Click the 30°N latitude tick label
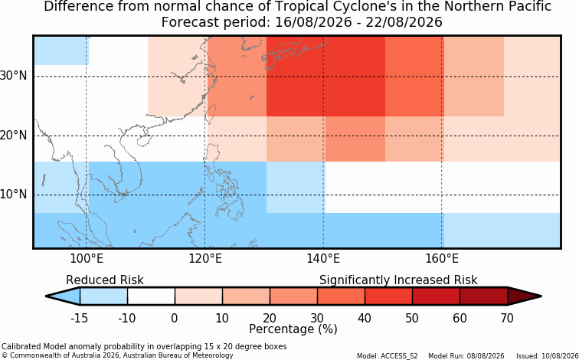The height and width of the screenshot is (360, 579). click(14, 76)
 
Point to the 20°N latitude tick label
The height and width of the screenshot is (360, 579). click(14, 136)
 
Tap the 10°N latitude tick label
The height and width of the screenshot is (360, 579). click(14, 195)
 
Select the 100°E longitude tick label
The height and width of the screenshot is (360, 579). click(87, 259)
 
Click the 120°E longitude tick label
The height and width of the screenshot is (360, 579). click(205, 259)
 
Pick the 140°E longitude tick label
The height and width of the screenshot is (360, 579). click(323, 259)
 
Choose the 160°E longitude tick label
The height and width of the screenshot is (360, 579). click(442, 259)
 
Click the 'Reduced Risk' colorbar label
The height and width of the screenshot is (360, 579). click(105, 280)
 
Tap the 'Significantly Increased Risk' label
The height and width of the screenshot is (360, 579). click(398, 280)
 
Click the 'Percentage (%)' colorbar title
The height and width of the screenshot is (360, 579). click(293, 329)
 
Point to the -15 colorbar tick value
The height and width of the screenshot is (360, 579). click(79, 318)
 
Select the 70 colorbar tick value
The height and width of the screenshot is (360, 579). click(507, 318)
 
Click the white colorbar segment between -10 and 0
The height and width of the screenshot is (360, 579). click(151, 296)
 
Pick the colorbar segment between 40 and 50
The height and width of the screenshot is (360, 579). click(388, 296)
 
